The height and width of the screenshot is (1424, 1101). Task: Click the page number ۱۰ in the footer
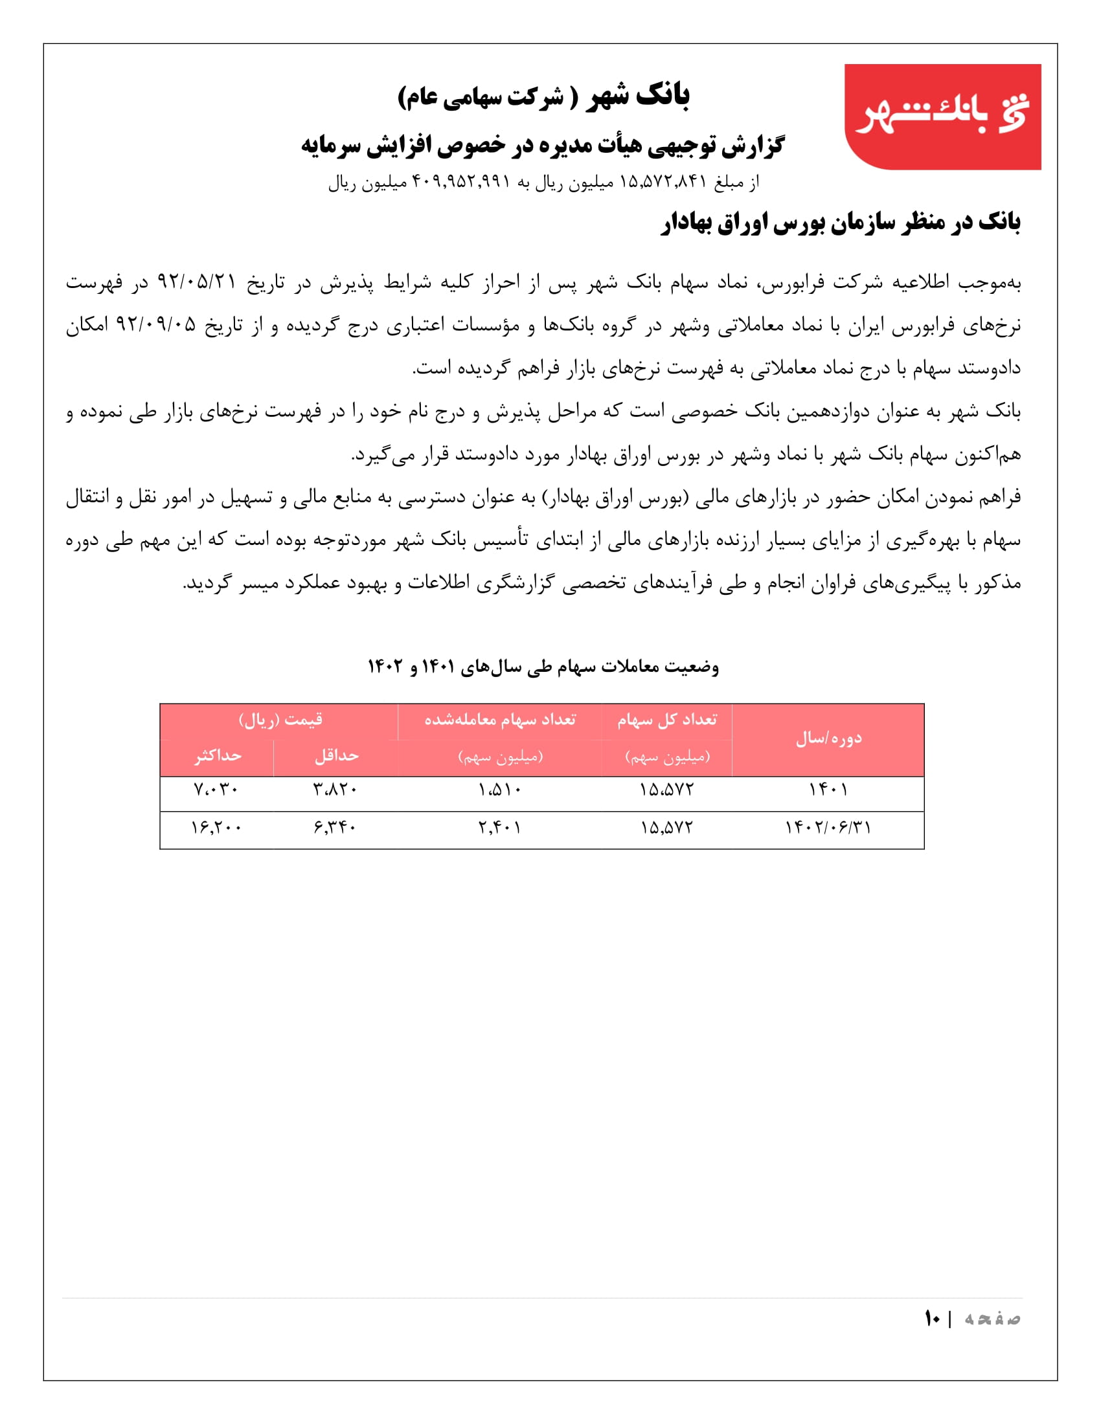click(x=932, y=1318)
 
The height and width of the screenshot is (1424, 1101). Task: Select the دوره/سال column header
click(x=828, y=739)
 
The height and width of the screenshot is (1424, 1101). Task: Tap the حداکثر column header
click(x=217, y=755)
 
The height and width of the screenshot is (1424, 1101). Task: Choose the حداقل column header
click(x=337, y=755)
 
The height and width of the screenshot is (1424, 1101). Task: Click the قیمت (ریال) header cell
click(x=280, y=720)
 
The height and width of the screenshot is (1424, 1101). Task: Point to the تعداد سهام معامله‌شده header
click(x=499, y=720)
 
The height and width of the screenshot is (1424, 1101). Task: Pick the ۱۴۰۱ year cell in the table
click(x=828, y=790)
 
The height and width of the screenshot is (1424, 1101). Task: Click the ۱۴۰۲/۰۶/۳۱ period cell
click(x=828, y=828)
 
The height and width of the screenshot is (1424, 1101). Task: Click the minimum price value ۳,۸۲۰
click(x=335, y=790)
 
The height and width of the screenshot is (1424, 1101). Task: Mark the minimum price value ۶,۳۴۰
click(x=335, y=828)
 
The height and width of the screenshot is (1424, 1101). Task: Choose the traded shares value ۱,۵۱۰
click(x=499, y=790)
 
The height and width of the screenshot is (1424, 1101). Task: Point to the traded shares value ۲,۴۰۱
click(x=499, y=828)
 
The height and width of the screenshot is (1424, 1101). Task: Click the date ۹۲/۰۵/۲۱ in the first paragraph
click(x=196, y=283)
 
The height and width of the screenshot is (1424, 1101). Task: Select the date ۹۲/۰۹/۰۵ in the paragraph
click(x=156, y=325)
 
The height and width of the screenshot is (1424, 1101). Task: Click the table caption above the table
click(x=543, y=667)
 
